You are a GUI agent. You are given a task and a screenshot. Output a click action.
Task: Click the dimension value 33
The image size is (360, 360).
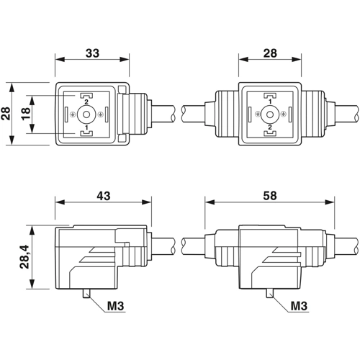[x=92, y=53]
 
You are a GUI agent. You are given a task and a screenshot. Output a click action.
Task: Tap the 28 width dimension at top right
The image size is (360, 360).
[x=270, y=53]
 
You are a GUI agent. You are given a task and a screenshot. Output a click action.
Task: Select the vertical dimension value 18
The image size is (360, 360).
[x=26, y=114]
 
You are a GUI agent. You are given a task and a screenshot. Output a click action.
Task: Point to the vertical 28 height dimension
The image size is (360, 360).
[x=6, y=114]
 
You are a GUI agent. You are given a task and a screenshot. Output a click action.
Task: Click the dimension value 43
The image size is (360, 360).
[x=104, y=196]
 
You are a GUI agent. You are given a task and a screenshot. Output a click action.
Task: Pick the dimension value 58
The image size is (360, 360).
[x=270, y=196]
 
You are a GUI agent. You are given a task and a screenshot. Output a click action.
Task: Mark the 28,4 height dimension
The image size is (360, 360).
[x=24, y=256]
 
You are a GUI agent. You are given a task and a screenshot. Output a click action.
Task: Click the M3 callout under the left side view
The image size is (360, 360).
[x=115, y=306]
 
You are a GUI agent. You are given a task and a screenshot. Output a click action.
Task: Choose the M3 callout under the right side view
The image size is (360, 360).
[x=299, y=306]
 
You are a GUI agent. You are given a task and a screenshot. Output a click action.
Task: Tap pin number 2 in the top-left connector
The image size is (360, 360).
[x=86, y=102]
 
